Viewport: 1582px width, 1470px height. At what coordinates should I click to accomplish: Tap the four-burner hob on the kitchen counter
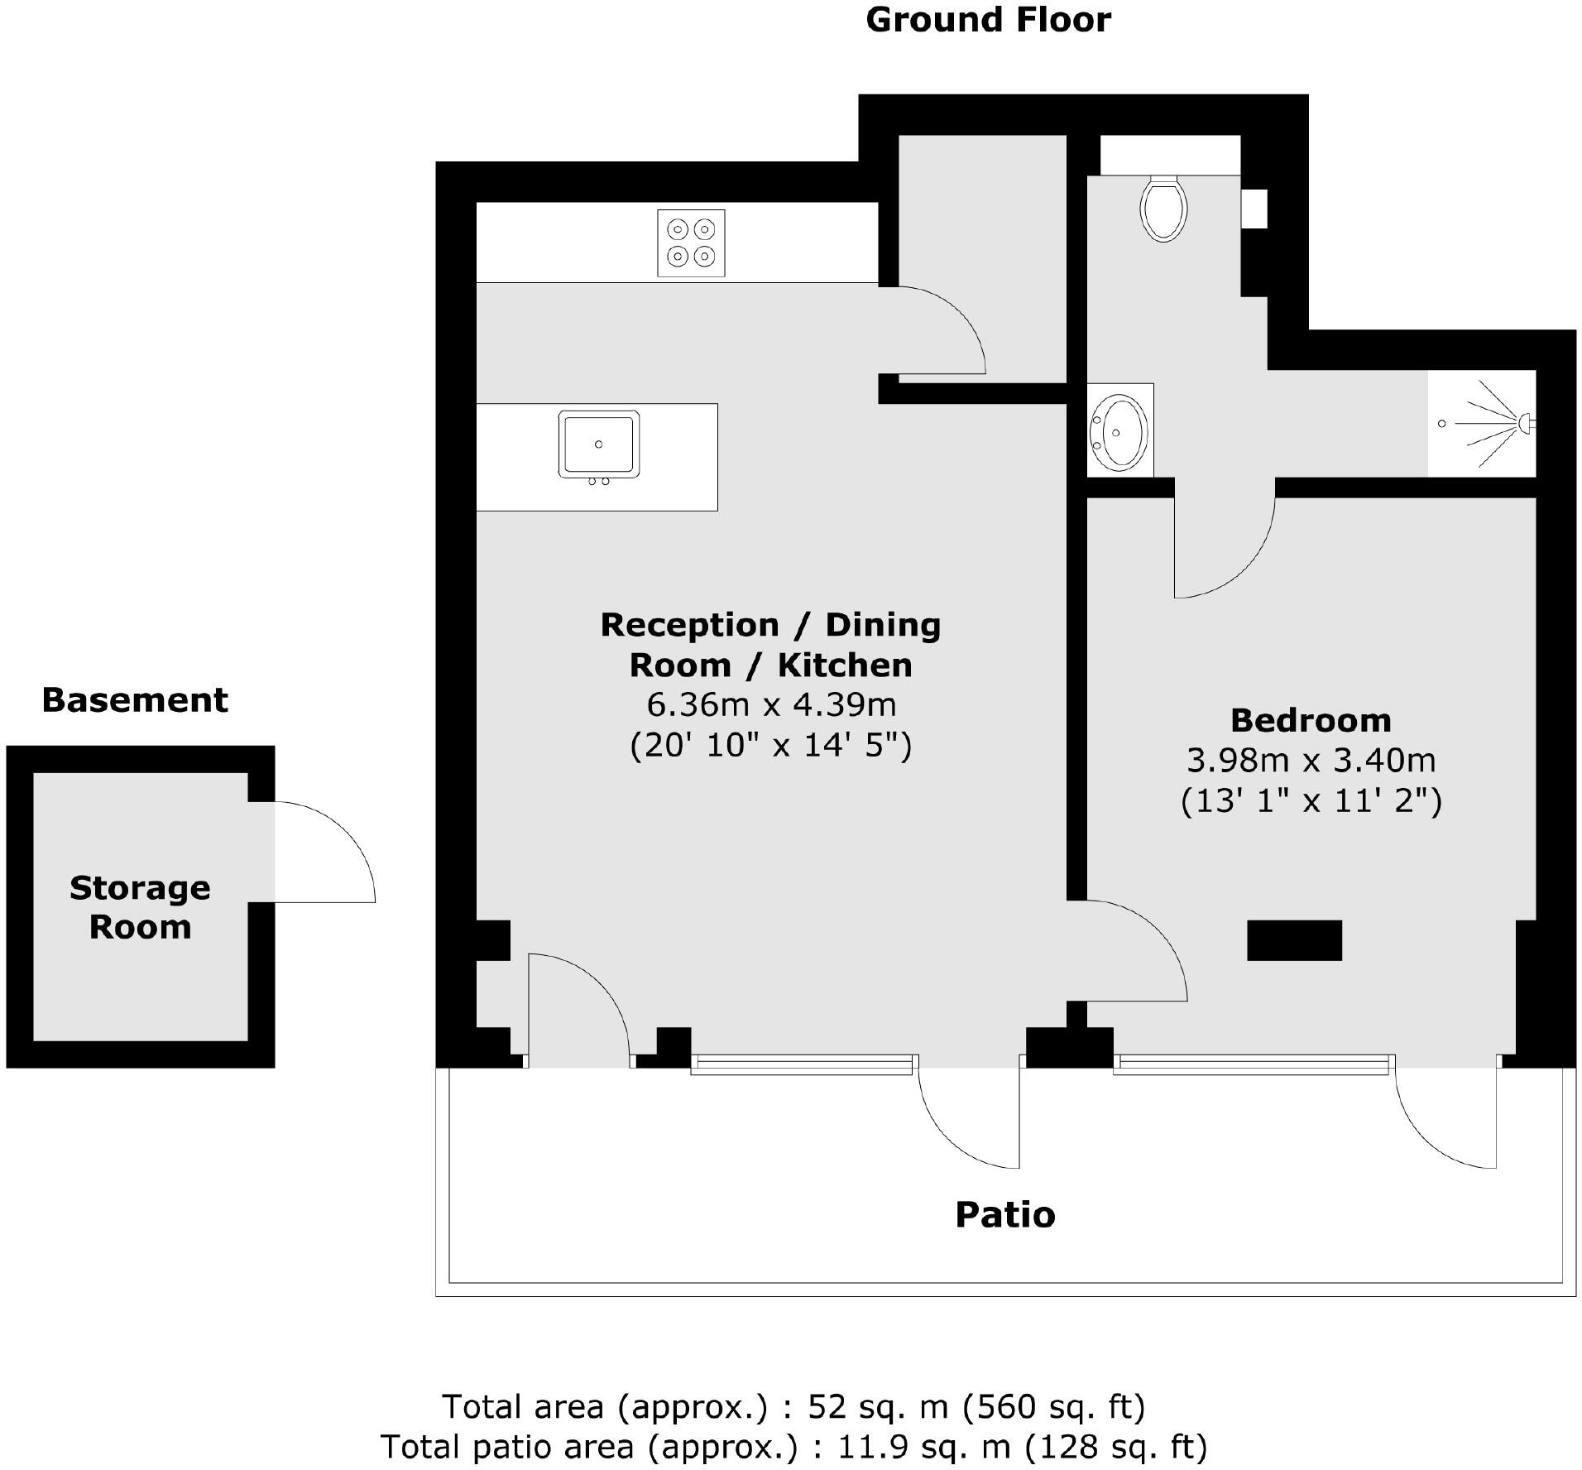691,243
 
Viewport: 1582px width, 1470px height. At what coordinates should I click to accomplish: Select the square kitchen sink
598,444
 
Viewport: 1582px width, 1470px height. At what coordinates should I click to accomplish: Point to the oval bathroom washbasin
1118,432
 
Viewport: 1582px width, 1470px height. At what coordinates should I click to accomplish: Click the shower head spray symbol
1489,423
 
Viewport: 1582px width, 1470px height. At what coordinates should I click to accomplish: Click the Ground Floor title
988,20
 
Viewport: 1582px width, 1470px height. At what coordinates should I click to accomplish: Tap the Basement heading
135,700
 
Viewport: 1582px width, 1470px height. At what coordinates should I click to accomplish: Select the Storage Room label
140,907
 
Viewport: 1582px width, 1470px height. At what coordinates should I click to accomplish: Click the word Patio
1004,1215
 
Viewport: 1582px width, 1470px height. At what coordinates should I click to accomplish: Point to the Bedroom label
1311,720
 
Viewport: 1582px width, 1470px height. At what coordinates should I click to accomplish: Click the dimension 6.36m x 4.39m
770,705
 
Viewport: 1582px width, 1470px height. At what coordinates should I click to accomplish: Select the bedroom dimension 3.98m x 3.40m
1311,760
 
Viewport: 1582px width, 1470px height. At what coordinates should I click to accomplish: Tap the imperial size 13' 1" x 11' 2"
1311,800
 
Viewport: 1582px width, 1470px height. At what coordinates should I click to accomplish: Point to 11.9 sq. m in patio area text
924,1447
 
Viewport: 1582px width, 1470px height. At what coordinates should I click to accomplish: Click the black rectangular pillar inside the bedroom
1294,940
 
